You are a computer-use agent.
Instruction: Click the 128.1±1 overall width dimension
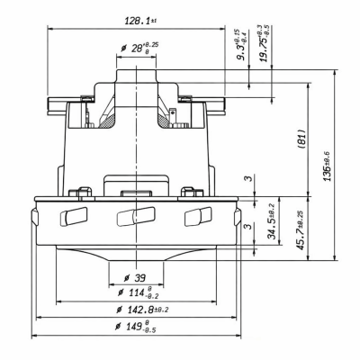[135, 18]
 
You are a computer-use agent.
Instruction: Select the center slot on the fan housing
[131, 216]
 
